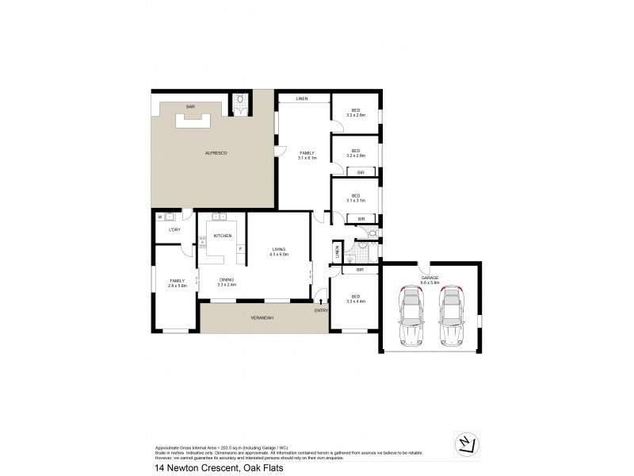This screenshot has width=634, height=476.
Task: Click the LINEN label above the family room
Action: coord(302,99)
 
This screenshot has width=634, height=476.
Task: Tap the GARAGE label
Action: coord(430,278)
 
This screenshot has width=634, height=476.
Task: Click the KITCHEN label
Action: coord(223,236)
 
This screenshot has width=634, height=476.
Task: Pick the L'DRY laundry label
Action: coord(175,230)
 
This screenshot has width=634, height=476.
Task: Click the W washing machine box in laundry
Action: coord(160,217)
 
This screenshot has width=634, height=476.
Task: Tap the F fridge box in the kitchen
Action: coord(239,249)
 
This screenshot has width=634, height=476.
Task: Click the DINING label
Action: coord(227,279)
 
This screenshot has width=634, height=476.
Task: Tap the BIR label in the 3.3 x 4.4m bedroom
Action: coord(359,270)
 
